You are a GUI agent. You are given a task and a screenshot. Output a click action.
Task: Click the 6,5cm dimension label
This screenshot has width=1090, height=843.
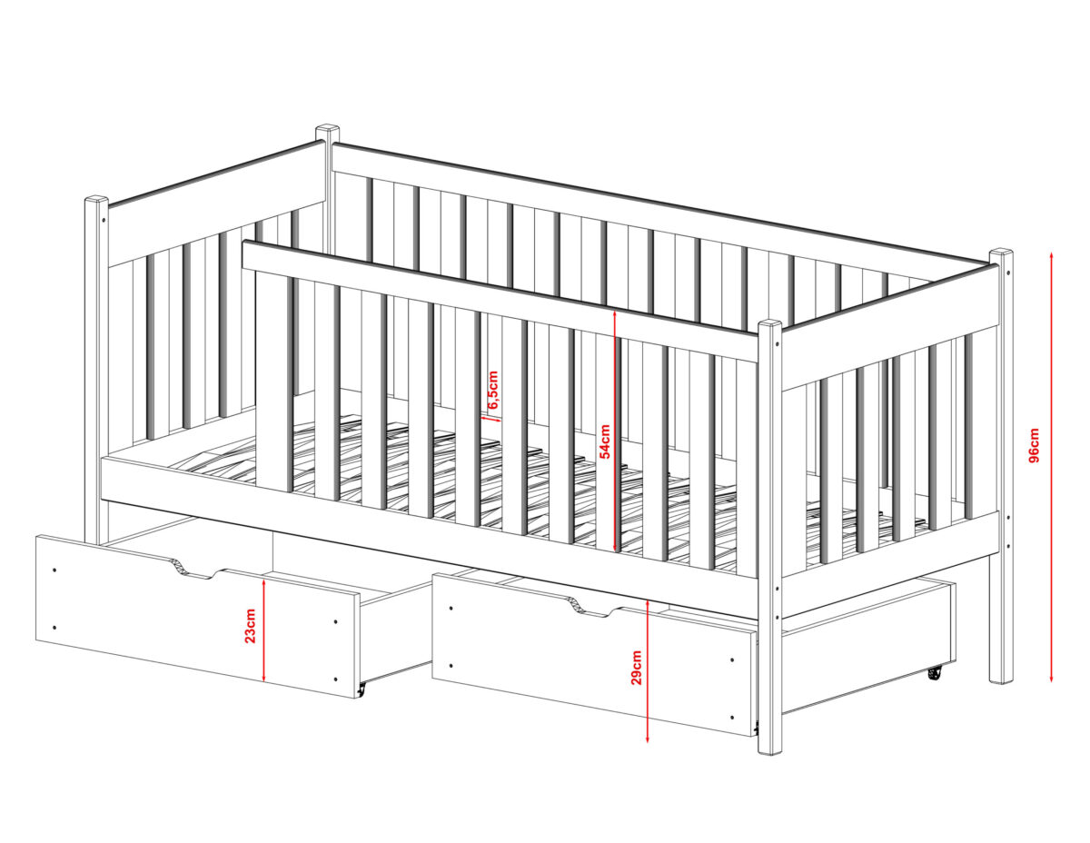tap(493, 390)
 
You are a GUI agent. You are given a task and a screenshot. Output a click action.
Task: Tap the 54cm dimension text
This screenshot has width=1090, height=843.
tap(606, 441)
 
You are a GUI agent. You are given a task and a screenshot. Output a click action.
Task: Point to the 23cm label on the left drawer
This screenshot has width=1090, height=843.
tap(251, 625)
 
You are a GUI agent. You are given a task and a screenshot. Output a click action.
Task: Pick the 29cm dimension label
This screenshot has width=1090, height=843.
tap(637, 668)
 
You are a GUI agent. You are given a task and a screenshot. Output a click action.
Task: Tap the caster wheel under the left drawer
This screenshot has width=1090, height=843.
tap(361, 690)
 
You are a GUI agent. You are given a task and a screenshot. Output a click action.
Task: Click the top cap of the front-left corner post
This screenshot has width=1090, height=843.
tap(96, 200)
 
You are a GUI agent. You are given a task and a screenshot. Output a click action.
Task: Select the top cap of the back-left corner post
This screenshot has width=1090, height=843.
tap(328, 128)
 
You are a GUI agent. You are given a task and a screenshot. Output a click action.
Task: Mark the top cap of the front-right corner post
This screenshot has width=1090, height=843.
tap(770, 324)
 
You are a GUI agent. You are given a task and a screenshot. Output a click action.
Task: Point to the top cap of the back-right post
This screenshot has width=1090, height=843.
tap(1001, 253)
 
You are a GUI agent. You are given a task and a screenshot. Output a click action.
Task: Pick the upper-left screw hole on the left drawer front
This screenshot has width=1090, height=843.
tap(54, 570)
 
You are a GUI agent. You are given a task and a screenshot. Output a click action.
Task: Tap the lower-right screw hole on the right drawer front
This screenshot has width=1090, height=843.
tap(733, 717)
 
